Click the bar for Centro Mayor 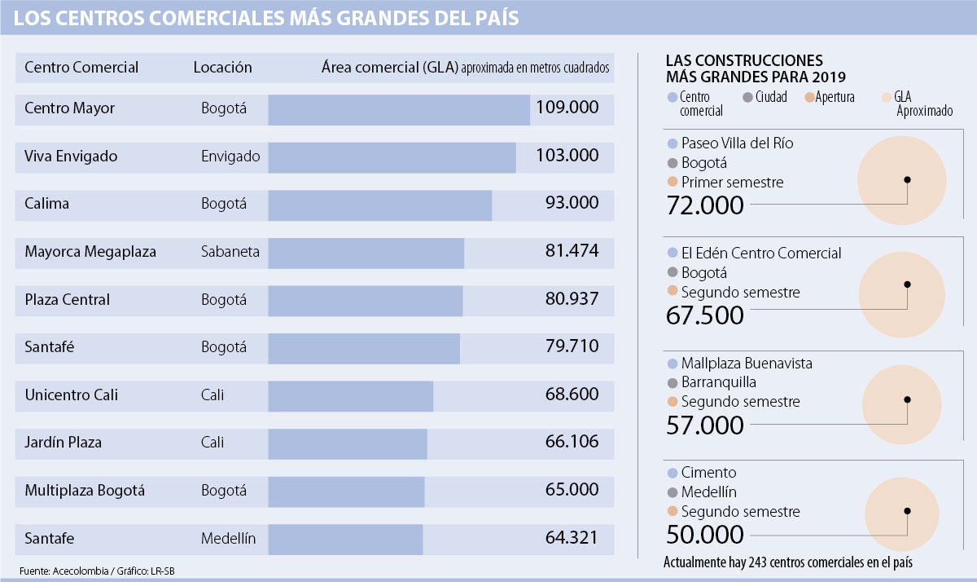398,110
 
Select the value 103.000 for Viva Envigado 567,156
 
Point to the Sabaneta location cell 230,252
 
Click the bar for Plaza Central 365,300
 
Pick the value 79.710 572,347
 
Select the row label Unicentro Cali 72,395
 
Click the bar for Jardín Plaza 347,443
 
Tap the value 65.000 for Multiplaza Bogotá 572,491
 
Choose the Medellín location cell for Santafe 228,539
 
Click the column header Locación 222,68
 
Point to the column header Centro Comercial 81,68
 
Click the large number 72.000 705,205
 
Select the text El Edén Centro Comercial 761,254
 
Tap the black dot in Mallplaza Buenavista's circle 906,399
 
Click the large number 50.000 705,535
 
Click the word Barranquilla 719,382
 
